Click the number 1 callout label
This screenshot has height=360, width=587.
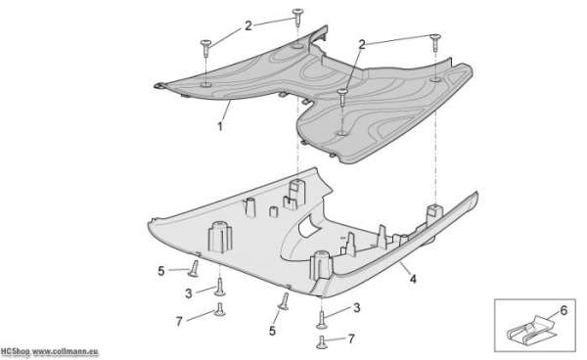click(x=220, y=126)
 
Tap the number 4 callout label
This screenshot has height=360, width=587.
click(x=413, y=279)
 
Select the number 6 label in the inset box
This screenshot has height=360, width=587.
click(x=564, y=310)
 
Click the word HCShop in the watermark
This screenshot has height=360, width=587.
click(x=15, y=352)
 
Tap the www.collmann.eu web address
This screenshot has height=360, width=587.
click(x=66, y=352)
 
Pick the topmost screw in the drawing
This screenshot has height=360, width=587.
click(x=297, y=17)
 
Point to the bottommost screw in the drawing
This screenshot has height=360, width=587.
click(x=322, y=342)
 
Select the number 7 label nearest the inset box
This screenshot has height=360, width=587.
click(x=351, y=338)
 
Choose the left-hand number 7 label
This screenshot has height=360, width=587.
click(x=179, y=322)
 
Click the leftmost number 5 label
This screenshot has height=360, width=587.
click(x=161, y=271)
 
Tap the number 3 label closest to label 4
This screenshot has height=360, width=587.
click(x=357, y=307)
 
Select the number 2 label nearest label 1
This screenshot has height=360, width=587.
click(x=248, y=25)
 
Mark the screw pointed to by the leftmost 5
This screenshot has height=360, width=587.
click(x=194, y=269)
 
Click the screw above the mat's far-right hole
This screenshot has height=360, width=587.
click(x=435, y=42)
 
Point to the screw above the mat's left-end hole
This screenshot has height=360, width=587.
click(x=205, y=48)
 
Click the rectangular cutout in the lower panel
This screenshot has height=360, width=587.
click(x=308, y=225)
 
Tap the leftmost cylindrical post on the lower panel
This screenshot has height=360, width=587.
click(x=220, y=237)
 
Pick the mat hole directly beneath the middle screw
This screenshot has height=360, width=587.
click(x=341, y=133)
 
